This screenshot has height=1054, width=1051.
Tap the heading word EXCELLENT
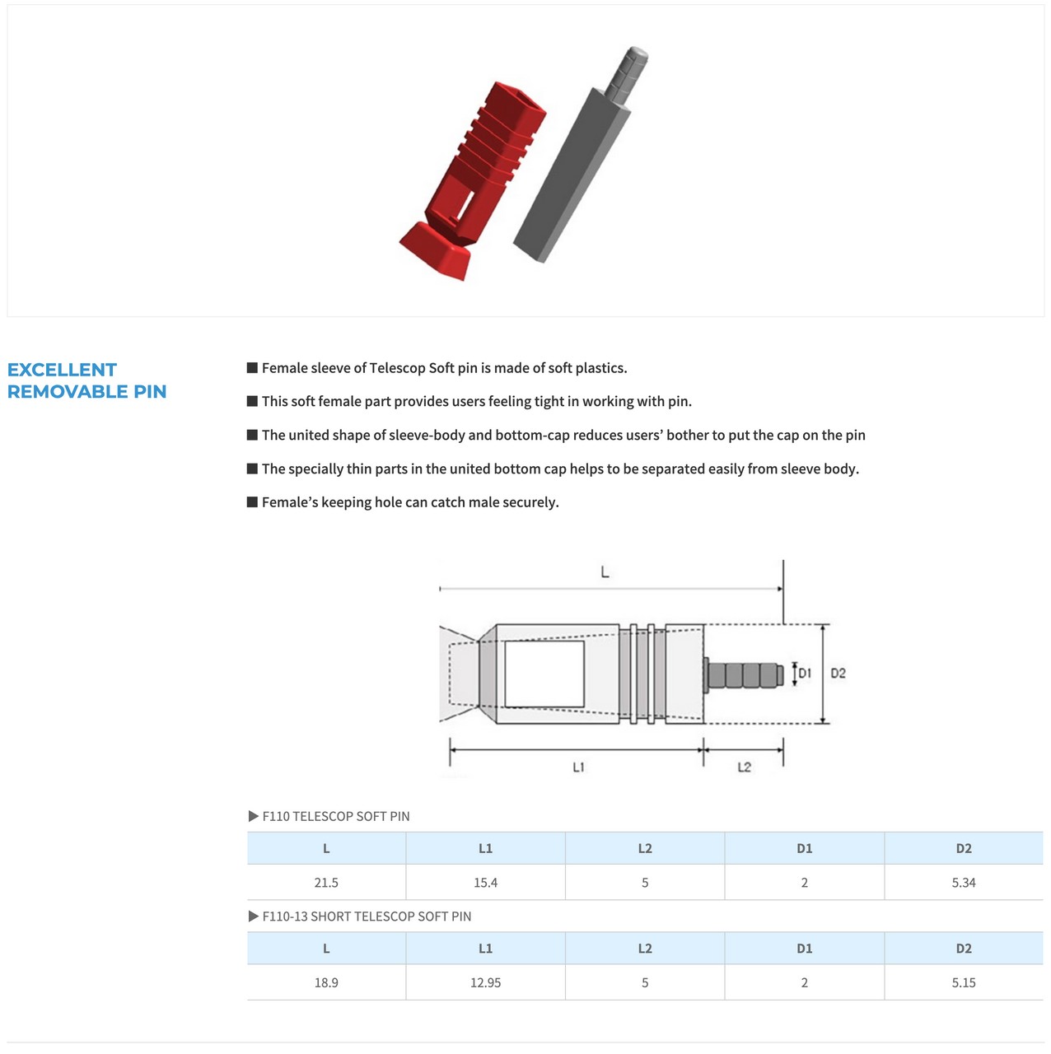(62, 370)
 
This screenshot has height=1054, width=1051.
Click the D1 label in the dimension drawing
(805, 674)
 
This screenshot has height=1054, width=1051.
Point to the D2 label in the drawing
(838, 674)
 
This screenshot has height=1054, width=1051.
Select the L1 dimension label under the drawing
(578, 767)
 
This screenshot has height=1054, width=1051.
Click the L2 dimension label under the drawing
(744, 767)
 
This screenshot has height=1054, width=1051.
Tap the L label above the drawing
(605, 572)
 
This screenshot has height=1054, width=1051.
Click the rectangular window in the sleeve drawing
(544, 674)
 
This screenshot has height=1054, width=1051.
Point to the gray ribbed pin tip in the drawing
(745, 675)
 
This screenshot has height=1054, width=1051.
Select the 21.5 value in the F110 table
(326, 883)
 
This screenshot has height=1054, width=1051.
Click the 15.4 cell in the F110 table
(485, 883)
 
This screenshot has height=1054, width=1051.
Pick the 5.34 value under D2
(964, 883)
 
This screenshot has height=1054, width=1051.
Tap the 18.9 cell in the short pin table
(326, 982)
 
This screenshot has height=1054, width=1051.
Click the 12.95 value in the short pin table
(485, 982)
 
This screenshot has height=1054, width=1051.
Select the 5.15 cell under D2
(964, 982)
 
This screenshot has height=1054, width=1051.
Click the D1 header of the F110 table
(805, 848)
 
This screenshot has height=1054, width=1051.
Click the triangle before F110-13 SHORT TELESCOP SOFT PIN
(254, 916)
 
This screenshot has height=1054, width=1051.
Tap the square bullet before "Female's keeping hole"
(253, 501)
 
